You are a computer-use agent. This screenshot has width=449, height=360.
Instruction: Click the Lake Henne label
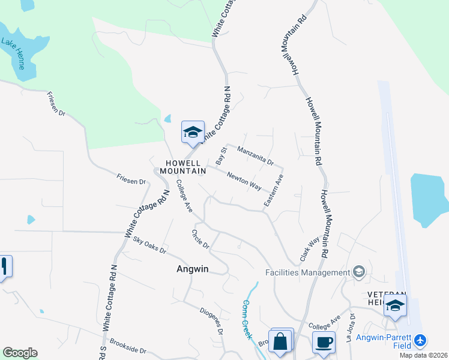coord(13,53)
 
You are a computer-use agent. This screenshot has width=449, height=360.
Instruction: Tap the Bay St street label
coord(221,156)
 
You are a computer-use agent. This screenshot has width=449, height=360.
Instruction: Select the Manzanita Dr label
coord(255,156)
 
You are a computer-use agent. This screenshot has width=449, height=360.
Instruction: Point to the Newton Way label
coord(244,181)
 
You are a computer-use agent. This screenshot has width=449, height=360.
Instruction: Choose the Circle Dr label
coord(200,239)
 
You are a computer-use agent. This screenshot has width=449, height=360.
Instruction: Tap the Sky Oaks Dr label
coord(149,245)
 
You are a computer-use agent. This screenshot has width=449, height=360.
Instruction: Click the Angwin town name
coord(193,269)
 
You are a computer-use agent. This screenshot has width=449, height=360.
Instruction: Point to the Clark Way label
coord(310,250)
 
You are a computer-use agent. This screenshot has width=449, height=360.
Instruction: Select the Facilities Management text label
coord(307,272)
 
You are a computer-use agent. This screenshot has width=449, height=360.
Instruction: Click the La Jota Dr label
coord(352,327)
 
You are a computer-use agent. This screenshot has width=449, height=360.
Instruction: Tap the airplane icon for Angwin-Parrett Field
coord(420,341)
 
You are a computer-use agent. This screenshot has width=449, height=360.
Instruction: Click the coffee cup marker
coord(324,342)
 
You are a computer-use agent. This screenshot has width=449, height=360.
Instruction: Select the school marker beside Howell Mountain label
coord(193,132)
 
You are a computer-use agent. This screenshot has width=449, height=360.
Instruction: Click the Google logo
coord(20,353)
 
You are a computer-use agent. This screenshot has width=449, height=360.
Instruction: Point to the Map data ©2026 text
coord(423,355)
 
